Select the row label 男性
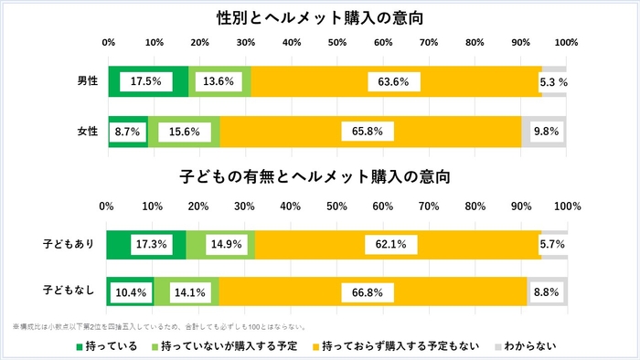coord(88,81)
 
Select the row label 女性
coord(88,132)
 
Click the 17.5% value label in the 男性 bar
coord(146,81)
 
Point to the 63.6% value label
coord(393,81)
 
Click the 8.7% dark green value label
coord(126,132)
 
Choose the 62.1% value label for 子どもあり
coord(397,244)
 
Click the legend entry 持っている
coord(106,345)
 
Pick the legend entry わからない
coord(522,345)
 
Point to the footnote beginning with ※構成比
coord(165,326)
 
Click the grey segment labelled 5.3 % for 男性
coord(553,81)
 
